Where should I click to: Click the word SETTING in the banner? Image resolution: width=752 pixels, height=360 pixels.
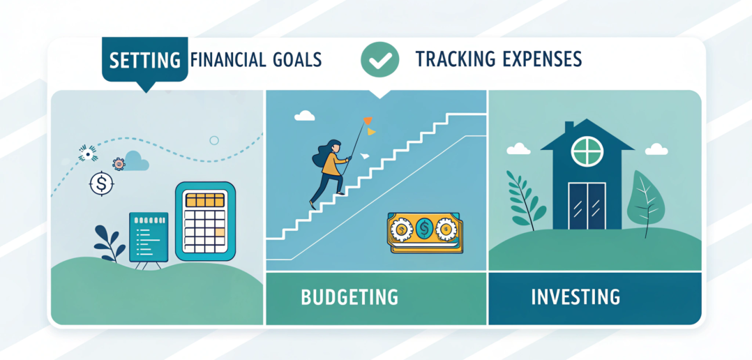click(145, 61)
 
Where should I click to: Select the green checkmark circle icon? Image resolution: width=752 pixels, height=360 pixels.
click(379, 59)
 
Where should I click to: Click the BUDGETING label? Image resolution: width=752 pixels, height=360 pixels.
click(349, 297)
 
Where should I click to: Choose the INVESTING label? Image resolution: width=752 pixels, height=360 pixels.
click(576, 297)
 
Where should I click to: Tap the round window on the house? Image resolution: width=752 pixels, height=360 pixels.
click(587, 152)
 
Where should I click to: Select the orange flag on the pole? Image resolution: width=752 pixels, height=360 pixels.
click(368, 121)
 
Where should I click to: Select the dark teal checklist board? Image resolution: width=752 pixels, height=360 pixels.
click(149, 237)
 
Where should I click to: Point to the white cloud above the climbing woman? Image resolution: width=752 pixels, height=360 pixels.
click(305, 116)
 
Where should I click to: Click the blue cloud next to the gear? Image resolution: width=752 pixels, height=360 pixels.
click(136, 162)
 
